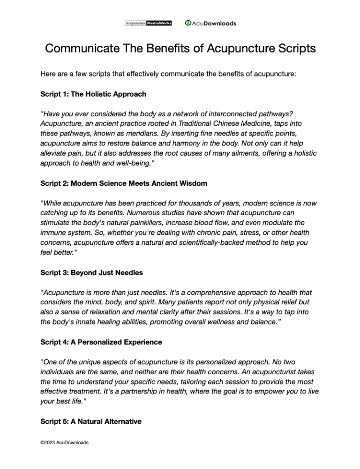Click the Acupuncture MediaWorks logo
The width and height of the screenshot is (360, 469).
pyautogui.click(x=148, y=23)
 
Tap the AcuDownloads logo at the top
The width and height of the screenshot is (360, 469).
pyautogui.click(x=210, y=23)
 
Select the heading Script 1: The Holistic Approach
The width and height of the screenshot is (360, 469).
pyautogui.click(x=93, y=94)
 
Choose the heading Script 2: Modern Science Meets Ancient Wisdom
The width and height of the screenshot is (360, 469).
pyautogui.click(x=124, y=183)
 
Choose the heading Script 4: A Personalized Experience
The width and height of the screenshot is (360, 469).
pyautogui.click(x=101, y=342)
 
